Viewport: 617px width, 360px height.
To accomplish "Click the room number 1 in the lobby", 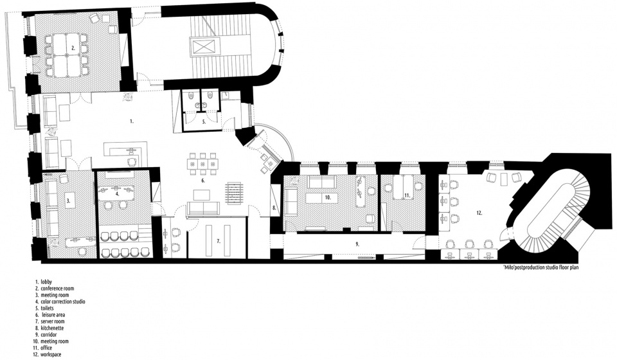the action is pyautogui.click(x=132, y=122).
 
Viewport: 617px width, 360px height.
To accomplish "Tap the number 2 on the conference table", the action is pyautogui.click(x=73, y=48).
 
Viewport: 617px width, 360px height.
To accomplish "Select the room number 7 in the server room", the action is pyautogui.click(x=219, y=240).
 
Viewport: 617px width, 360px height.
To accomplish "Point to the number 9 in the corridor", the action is pyautogui.click(x=357, y=244).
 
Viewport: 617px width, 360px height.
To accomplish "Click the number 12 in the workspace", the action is pyautogui.click(x=479, y=213).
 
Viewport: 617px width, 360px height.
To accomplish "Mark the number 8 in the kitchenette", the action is pyautogui.click(x=274, y=207).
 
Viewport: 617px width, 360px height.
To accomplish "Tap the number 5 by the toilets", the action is pyautogui.click(x=204, y=122).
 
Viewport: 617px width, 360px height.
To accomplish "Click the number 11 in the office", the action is pyautogui.click(x=407, y=195).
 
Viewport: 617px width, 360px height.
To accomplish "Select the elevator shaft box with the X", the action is pyautogui.click(x=203, y=46).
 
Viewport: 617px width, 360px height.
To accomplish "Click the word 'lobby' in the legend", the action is pyautogui.click(x=46, y=282).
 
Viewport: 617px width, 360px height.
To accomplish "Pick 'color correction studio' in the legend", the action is pyautogui.click(x=63, y=301).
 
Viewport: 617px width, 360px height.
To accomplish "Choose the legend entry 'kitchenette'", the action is pyautogui.click(x=52, y=328).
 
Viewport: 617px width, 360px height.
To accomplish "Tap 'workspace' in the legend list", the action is pyautogui.click(x=51, y=354).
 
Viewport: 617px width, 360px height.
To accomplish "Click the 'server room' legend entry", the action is pyautogui.click(x=52, y=321).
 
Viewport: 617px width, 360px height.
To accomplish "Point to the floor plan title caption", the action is pyautogui.click(x=541, y=267).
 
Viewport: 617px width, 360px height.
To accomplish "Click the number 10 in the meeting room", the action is pyautogui.click(x=327, y=197).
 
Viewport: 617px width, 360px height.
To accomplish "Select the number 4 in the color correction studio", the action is pyautogui.click(x=117, y=194).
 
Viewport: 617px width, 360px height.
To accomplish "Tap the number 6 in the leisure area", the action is pyautogui.click(x=203, y=181).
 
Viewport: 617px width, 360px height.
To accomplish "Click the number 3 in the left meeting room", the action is pyautogui.click(x=69, y=201).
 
